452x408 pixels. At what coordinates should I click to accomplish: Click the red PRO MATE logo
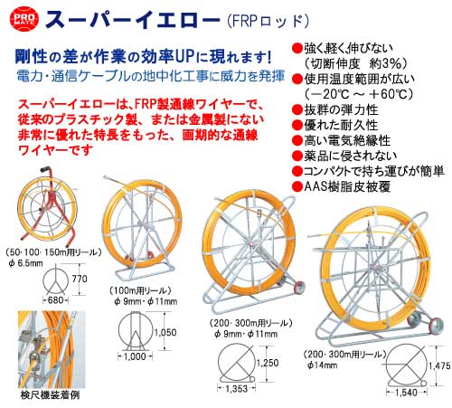(24, 19)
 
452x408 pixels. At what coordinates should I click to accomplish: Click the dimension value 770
(80, 279)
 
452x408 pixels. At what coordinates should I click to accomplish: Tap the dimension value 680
(56, 300)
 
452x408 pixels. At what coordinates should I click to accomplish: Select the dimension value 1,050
(165, 332)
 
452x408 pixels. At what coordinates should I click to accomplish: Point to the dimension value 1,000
(135, 356)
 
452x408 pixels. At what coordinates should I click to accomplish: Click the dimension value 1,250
(268, 363)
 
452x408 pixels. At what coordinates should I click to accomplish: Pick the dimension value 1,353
(236, 389)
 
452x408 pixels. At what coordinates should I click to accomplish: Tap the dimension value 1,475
(439, 365)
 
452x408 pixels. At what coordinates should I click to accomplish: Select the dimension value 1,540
(406, 393)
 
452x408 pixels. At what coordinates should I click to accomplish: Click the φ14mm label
(322, 365)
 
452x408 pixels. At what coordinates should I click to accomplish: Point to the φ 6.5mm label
(25, 263)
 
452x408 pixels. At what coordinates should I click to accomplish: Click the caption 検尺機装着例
(50, 395)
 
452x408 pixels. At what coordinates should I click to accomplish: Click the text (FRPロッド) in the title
(268, 22)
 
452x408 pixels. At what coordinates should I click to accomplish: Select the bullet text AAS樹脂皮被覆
(347, 186)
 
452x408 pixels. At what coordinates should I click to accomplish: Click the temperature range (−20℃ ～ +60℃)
(358, 94)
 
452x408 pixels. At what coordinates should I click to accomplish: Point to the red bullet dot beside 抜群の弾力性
(297, 109)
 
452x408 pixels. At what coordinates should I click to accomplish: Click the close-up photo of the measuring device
(52, 350)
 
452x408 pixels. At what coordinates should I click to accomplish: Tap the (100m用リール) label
(140, 290)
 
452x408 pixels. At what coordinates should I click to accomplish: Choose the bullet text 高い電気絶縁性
(347, 140)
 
